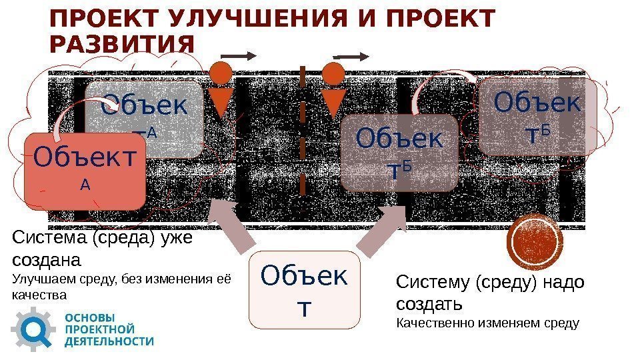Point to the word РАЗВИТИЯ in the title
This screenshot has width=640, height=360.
click(122, 45)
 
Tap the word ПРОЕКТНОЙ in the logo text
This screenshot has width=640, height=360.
click(99, 329)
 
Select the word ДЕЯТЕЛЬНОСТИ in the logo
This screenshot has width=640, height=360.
click(109, 341)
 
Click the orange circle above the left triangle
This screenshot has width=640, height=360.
click(221, 71)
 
